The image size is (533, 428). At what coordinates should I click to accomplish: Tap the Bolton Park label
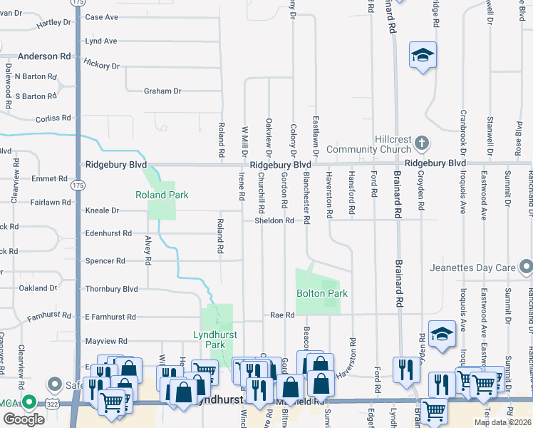click(321, 293)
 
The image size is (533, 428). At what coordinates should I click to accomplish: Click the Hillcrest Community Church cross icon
click(421, 142)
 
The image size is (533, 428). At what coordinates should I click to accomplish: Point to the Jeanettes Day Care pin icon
click(526, 267)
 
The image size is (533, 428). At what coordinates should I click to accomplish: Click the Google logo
click(24, 419)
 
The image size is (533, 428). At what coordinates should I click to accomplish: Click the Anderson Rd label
click(44, 56)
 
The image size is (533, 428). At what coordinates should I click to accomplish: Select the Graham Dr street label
click(162, 91)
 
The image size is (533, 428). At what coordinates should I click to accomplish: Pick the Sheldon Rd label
click(274, 220)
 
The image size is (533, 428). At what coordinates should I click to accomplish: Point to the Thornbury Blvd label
click(110, 289)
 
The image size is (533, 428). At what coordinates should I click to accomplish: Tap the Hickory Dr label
click(101, 66)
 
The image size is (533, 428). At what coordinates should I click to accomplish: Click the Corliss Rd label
click(56, 118)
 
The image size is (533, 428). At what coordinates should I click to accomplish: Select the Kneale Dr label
click(101, 211)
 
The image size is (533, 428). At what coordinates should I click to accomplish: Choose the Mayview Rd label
click(105, 341)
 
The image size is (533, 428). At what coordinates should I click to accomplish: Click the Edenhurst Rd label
click(108, 233)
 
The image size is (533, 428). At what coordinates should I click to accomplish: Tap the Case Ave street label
click(101, 17)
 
